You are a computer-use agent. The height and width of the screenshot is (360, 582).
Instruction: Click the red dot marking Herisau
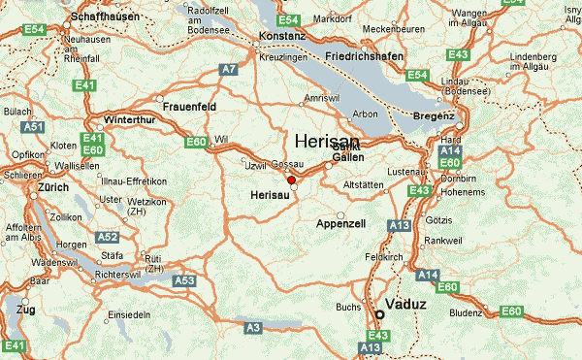[x=291, y=180]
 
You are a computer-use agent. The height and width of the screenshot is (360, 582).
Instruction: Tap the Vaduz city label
[x=405, y=305]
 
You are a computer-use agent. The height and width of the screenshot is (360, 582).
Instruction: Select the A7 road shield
[x=228, y=69]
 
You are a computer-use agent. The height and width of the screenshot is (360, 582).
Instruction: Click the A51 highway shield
[x=34, y=127]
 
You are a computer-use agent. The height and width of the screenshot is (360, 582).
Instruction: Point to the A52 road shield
[x=108, y=237]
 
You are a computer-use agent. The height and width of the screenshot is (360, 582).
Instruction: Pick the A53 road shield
[x=184, y=279]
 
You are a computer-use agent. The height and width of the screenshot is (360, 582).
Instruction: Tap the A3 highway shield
[x=253, y=329]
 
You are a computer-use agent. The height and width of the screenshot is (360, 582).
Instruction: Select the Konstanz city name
[x=282, y=37]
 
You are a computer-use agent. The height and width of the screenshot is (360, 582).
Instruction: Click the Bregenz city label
[x=433, y=116]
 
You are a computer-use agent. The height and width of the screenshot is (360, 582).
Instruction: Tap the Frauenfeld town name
[x=189, y=106]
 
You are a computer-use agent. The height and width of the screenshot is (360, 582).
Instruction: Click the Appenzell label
[x=341, y=224]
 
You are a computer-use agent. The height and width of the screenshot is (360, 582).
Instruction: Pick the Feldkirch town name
[x=384, y=257]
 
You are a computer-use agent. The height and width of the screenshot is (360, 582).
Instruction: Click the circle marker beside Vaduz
[x=379, y=314]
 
